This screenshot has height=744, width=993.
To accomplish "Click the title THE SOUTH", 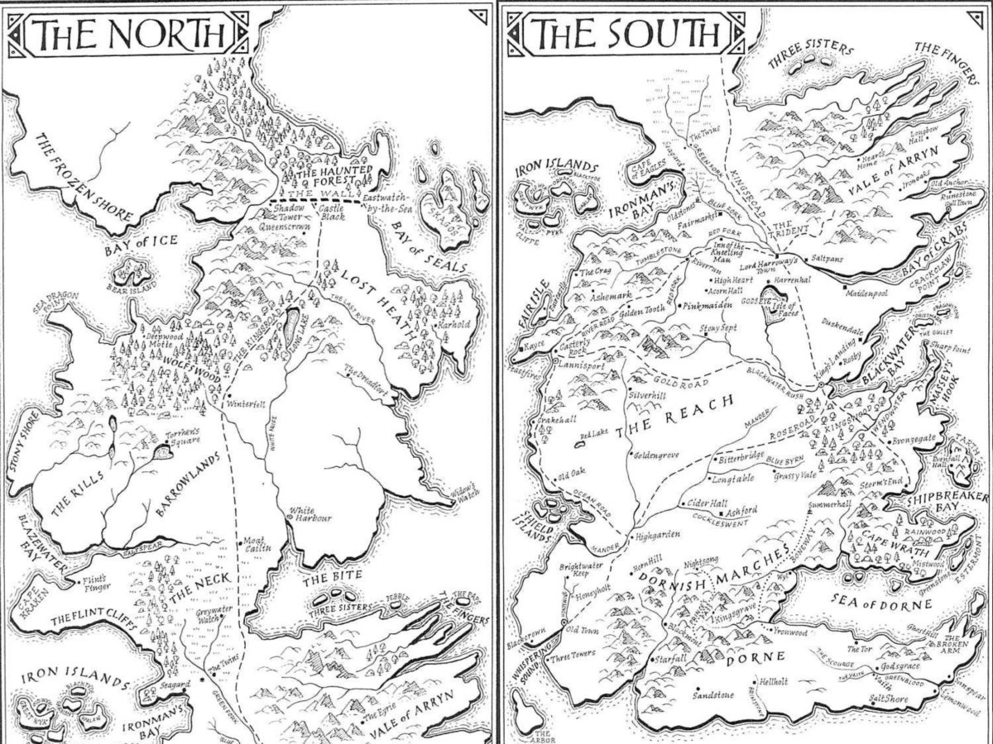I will [626, 34].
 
